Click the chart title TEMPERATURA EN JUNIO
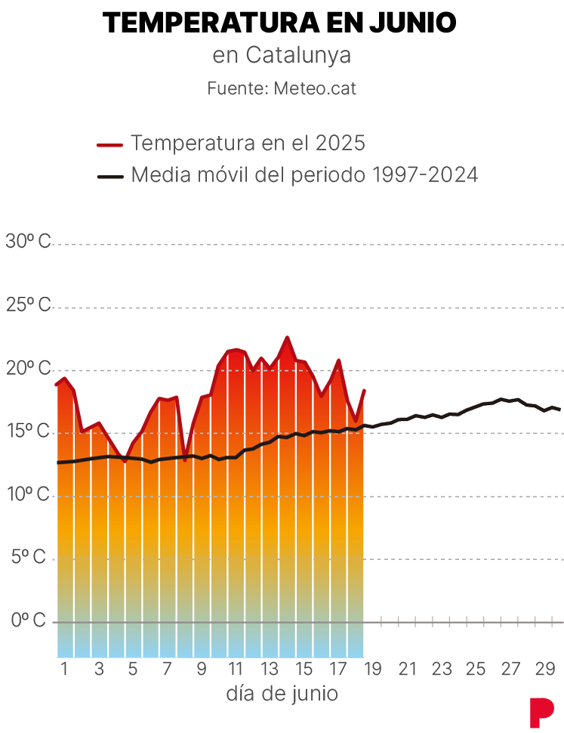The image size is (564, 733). [279, 23]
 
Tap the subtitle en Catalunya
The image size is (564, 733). [282, 56]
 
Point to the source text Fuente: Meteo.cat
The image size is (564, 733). [282, 88]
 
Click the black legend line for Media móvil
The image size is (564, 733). [110, 177]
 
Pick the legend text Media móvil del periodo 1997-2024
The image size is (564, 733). [304, 175]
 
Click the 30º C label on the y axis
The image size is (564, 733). [28, 242]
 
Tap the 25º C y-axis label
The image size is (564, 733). [28, 305]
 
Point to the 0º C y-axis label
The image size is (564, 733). [28, 620]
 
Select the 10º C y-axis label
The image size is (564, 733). [28, 494]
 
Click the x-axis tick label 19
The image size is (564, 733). [374, 669]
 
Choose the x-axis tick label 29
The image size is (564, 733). [544, 669]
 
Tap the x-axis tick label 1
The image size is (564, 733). [64, 669]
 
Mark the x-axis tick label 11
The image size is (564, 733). [236, 669]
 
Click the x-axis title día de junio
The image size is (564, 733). [282, 694]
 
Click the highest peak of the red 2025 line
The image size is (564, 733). [287, 338]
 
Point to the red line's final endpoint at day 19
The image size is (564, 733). [364, 391]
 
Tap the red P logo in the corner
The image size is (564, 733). [541, 713]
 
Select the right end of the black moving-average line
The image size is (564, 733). [559, 410]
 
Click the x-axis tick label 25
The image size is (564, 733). [475, 669]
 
